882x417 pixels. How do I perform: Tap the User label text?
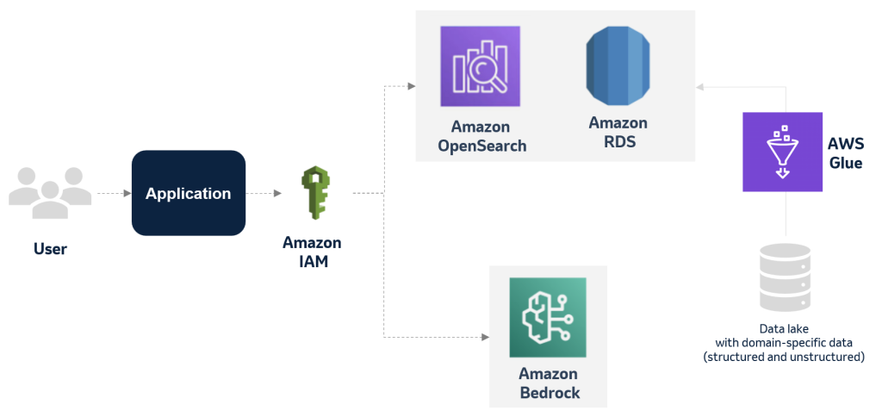click(50, 250)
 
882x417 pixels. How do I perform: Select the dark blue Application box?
click(188, 193)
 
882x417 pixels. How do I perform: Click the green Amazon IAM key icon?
click(312, 194)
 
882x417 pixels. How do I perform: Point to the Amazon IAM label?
click(312, 252)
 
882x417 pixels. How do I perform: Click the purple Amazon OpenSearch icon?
click(481, 65)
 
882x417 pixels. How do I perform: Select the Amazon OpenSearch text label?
click(481, 136)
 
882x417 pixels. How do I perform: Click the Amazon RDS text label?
click(618, 133)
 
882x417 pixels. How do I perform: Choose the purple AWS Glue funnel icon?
click(783, 152)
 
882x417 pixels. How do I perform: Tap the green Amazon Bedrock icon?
click(547, 316)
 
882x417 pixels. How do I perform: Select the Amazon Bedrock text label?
click(549, 383)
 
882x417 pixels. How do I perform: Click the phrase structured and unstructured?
click(784, 356)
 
